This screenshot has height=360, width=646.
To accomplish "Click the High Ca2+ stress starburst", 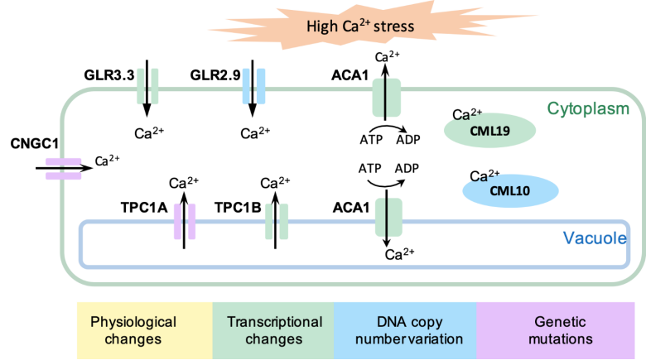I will [360, 27].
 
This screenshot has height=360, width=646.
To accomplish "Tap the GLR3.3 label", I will [107, 75].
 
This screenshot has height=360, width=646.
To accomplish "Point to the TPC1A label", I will [147, 210].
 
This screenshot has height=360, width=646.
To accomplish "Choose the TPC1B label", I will [239, 210].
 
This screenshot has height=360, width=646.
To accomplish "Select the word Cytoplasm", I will [589, 108].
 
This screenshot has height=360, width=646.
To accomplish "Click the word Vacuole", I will [593, 238].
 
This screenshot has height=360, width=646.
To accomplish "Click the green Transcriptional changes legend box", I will [273, 329].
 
